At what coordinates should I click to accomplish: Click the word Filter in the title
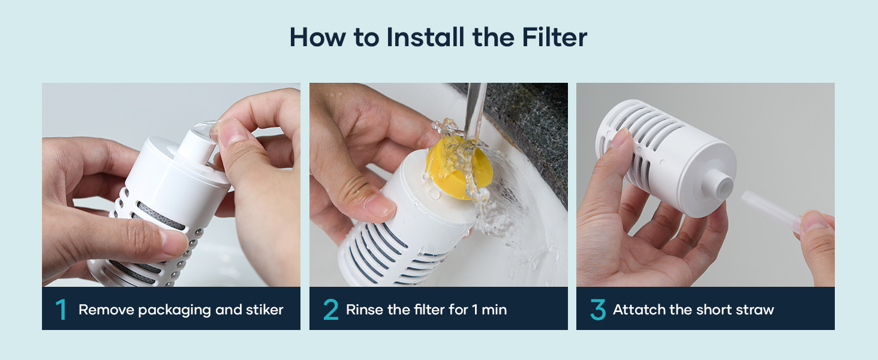click(x=554, y=37)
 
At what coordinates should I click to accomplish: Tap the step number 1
click(x=61, y=310)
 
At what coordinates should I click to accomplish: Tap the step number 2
click(x=331, y=310)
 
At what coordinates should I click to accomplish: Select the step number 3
click(x=598, y=310)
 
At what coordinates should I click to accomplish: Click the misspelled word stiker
click(x=264, y=310)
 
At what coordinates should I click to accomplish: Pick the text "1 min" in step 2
click(x=489, y=310)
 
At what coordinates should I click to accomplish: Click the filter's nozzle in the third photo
click(x=718, y=185)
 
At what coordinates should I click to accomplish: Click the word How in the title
click(x=318, y=37)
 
